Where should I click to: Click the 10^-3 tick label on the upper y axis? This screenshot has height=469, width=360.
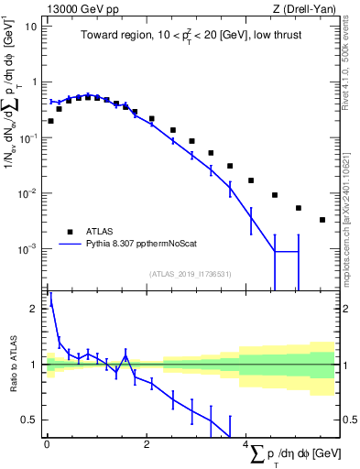pyautogui.click(x=29, y=249)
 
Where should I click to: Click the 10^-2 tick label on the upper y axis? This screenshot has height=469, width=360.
pyautogui.click(x=29, y=193)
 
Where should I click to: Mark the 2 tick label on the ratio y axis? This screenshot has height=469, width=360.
pyautogui.click(x=35, y=309)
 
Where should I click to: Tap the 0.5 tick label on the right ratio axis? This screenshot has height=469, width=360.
pyautogui.click(x=349, y=420)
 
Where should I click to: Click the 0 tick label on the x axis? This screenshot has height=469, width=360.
pyautogui.click(x=47, y=447)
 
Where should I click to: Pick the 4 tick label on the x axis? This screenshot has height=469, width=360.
pyautogui.click(x=247, y=447)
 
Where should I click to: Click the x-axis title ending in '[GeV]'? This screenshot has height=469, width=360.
pyautogui.click(x=292, y=454)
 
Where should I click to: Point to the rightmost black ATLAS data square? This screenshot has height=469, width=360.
pyautogui.click(x=322, y=220)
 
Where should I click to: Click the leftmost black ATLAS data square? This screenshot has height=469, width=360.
pyautogui.click(x=50, y=121)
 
